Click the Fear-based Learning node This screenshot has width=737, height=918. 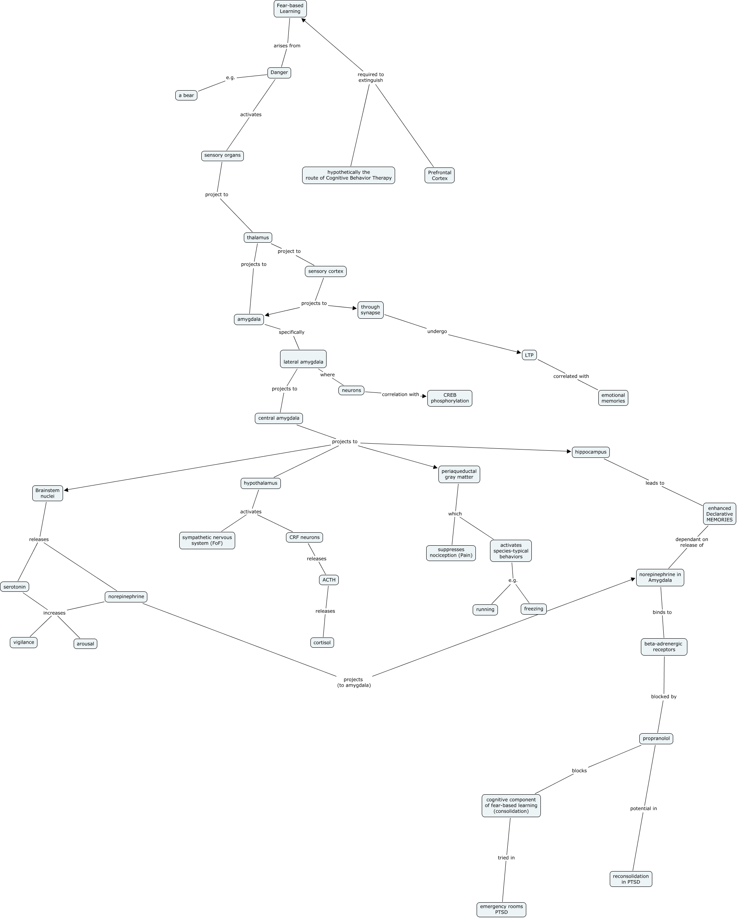coord(290,9)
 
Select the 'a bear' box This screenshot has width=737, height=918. coord(186,95)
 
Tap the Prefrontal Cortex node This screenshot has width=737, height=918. coord(439,175)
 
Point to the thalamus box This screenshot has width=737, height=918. coord(258,238)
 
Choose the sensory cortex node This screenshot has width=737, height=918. coord(325,271)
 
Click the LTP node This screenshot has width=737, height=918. coord(529,355)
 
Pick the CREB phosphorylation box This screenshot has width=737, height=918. coord(449,398)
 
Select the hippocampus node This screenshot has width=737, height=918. coord(590,452)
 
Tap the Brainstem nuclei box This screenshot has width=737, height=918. coord(47,493)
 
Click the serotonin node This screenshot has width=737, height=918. coord(15,587)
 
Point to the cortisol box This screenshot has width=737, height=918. coord(322,643)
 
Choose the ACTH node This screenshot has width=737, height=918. coord(329,580)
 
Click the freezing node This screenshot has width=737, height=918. coord(533,609)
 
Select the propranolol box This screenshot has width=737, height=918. coord(656,738)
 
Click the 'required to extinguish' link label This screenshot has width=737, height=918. coord(370,78)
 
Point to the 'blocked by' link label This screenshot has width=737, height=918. coord(663,697)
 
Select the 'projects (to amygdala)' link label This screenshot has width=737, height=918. coord(354,682)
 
